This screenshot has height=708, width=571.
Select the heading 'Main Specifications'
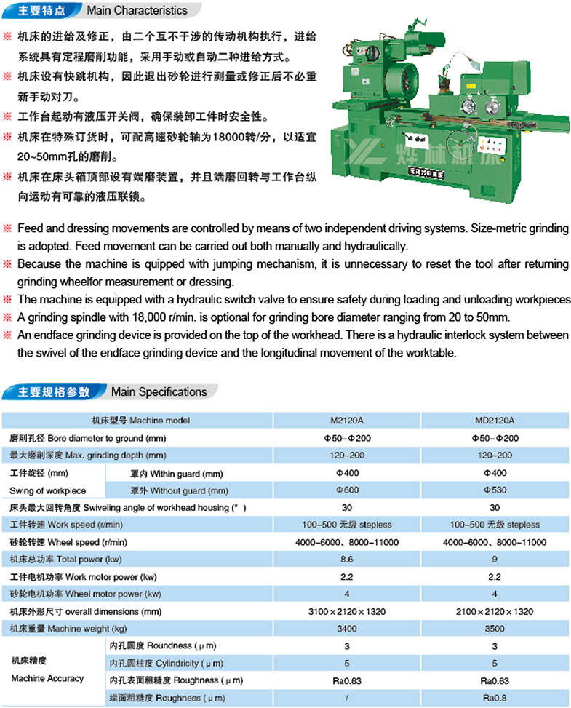tap(159, 392)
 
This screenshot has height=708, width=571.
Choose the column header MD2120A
tap(495, 421)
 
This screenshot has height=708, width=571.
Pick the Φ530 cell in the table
tap(495, 490)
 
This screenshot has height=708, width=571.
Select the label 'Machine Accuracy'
tap(47, 678)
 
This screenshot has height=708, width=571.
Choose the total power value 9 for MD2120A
tap(495, 560)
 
